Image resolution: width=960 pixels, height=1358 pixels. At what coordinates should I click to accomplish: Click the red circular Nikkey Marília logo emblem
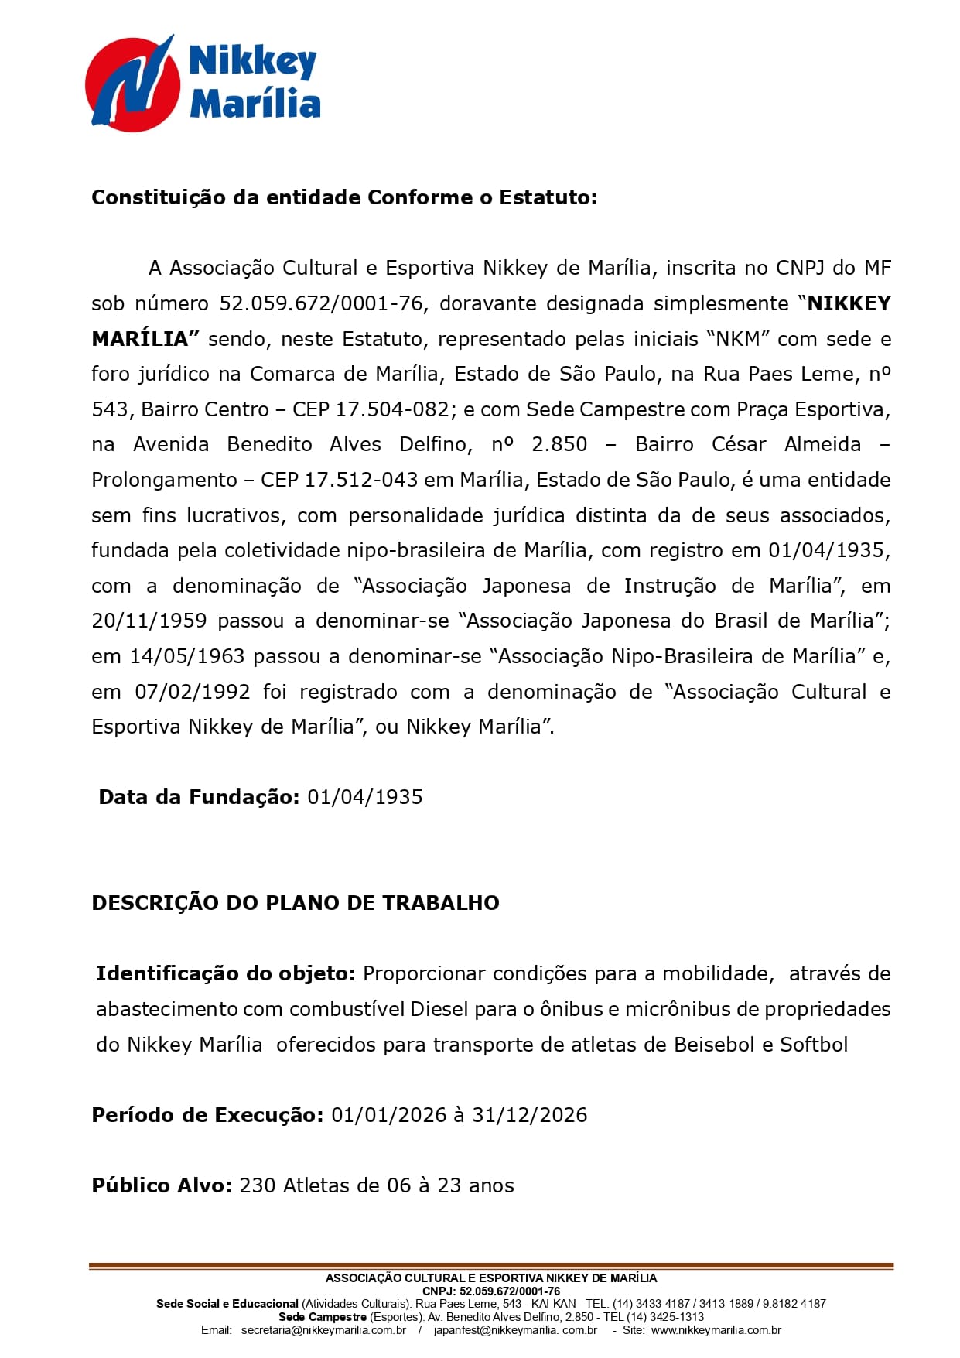132,84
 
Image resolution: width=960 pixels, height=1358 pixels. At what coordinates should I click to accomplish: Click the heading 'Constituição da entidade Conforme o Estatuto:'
344,197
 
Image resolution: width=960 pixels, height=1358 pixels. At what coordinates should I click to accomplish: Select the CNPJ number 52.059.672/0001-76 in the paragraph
322,303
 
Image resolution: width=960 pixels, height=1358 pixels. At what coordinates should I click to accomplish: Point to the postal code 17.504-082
392,409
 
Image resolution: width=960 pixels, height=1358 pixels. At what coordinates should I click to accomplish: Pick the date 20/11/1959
149,621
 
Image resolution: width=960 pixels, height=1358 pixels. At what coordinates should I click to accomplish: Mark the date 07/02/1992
193,692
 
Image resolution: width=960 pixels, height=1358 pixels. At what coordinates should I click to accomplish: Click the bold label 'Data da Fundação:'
199,797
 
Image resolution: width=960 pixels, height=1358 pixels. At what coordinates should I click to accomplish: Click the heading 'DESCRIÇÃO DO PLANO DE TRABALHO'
296,903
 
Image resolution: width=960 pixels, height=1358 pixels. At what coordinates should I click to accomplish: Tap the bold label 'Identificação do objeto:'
225,973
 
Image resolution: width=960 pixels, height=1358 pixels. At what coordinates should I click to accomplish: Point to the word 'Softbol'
814,1045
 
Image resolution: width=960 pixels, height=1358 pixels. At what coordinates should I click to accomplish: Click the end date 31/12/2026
529,1115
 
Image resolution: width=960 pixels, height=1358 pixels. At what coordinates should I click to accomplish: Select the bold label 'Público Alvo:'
162,1185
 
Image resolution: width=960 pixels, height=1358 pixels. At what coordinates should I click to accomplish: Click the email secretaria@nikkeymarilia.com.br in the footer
323,1330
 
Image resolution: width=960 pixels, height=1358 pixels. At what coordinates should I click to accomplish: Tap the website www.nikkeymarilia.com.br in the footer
716,1330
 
